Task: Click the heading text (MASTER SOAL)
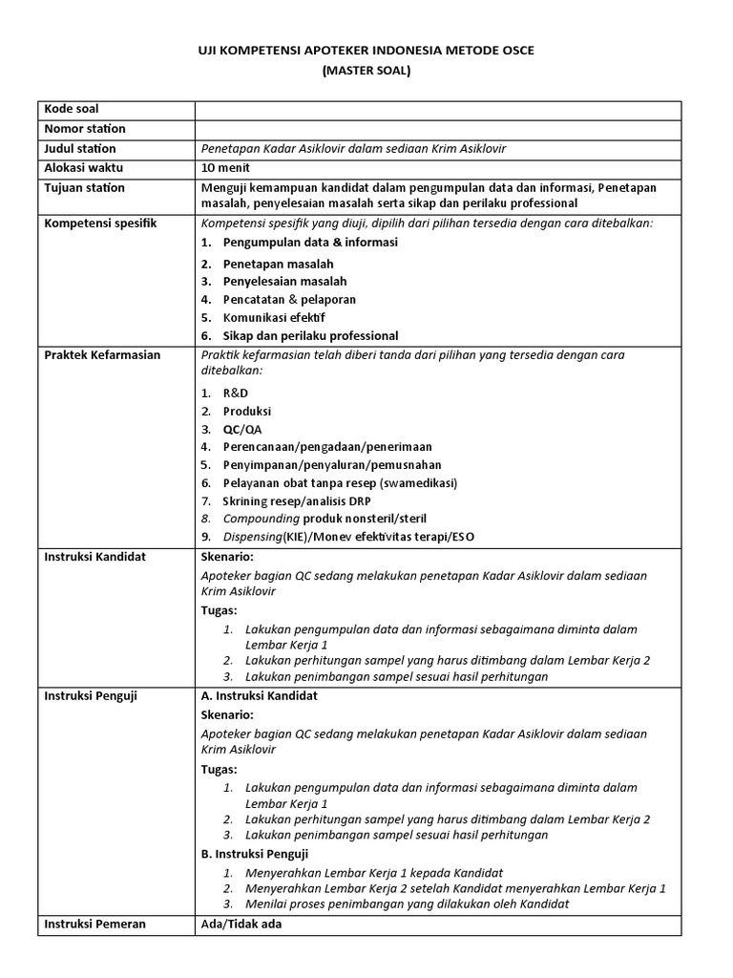(366, 70)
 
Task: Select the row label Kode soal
(72, 109)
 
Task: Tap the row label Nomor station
(85, 129)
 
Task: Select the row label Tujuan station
(85, 188)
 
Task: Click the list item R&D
(235, 393)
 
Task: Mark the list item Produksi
(247, 411)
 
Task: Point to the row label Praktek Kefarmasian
(103, 355)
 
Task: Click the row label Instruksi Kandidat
(95, 557)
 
